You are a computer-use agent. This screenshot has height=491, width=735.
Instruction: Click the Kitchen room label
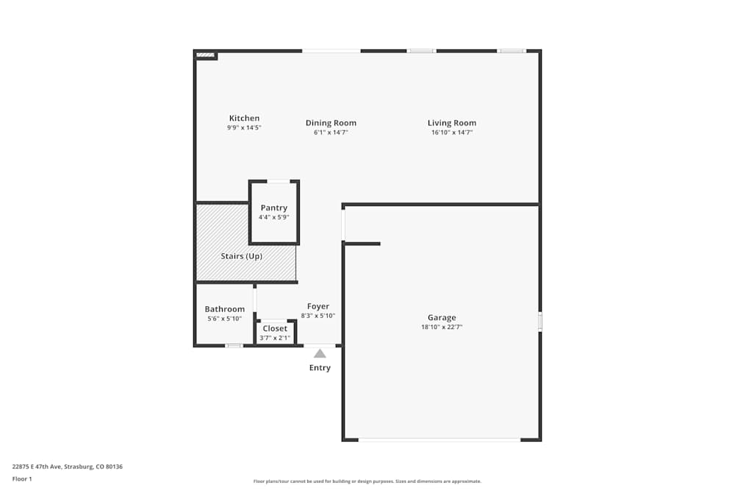tap(244, 119)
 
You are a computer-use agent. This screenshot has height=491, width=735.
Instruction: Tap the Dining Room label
tap(331, 123)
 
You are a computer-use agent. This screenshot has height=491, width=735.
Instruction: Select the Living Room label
tap(451, 123)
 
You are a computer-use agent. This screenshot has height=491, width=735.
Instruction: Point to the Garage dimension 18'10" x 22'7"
tap(442, 328)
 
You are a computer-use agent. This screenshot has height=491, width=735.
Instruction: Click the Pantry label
tap(273, 208)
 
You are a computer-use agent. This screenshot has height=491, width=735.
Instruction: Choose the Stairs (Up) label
tap(241, 256)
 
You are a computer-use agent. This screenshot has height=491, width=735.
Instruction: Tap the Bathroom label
tap(224, 309)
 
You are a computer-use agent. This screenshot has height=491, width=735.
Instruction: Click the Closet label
tap(275, 328)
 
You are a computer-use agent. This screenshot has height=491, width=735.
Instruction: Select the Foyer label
tap(318, 306)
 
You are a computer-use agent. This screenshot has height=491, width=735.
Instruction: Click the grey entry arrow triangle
tap(320, 354)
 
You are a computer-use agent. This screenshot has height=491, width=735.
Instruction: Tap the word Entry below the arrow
tap(320, 368)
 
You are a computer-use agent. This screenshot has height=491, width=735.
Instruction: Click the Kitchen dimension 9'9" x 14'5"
tap(244, 128)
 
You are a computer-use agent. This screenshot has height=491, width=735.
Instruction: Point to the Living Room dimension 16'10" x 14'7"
tap(451, 133)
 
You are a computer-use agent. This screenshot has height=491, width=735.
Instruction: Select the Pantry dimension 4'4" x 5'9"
tap(273, 217)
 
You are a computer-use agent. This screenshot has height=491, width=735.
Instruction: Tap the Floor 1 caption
tap(22, 479)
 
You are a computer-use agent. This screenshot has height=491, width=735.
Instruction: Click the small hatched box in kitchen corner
tap(206, 54)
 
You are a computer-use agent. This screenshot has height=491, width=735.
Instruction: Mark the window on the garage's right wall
tap(540, 322)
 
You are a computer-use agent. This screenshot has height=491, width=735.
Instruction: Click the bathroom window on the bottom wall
tap(234, 345)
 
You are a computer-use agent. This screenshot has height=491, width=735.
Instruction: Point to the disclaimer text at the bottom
tap(367, 481)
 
